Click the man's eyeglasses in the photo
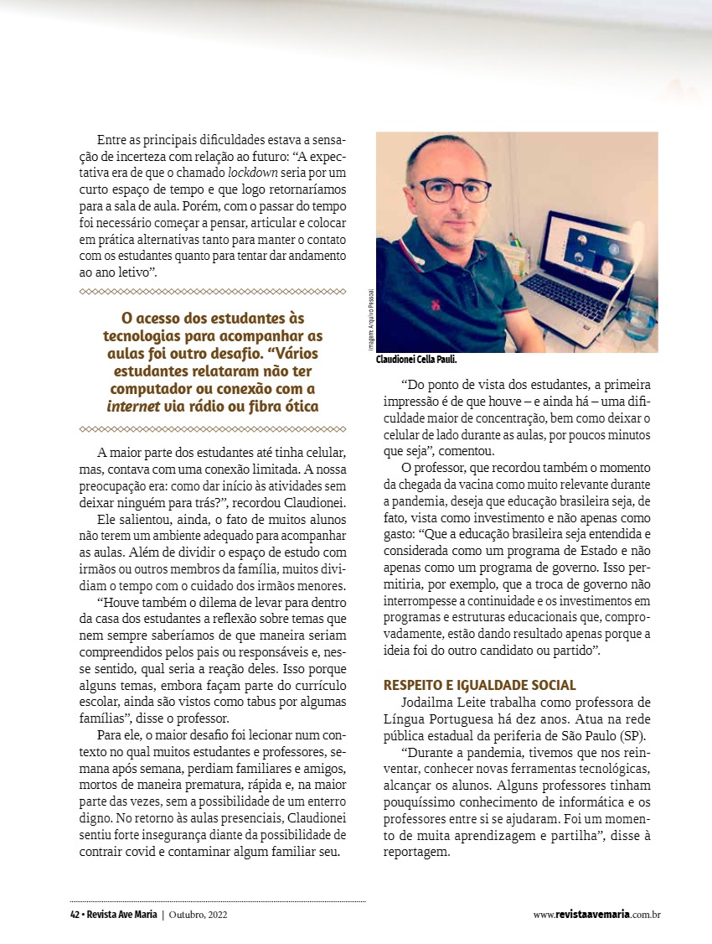(455, 190)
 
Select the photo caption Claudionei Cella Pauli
(416, 360)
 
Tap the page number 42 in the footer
(75, 914)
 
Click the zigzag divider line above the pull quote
(212, 292)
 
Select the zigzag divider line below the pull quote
(212, 429)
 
